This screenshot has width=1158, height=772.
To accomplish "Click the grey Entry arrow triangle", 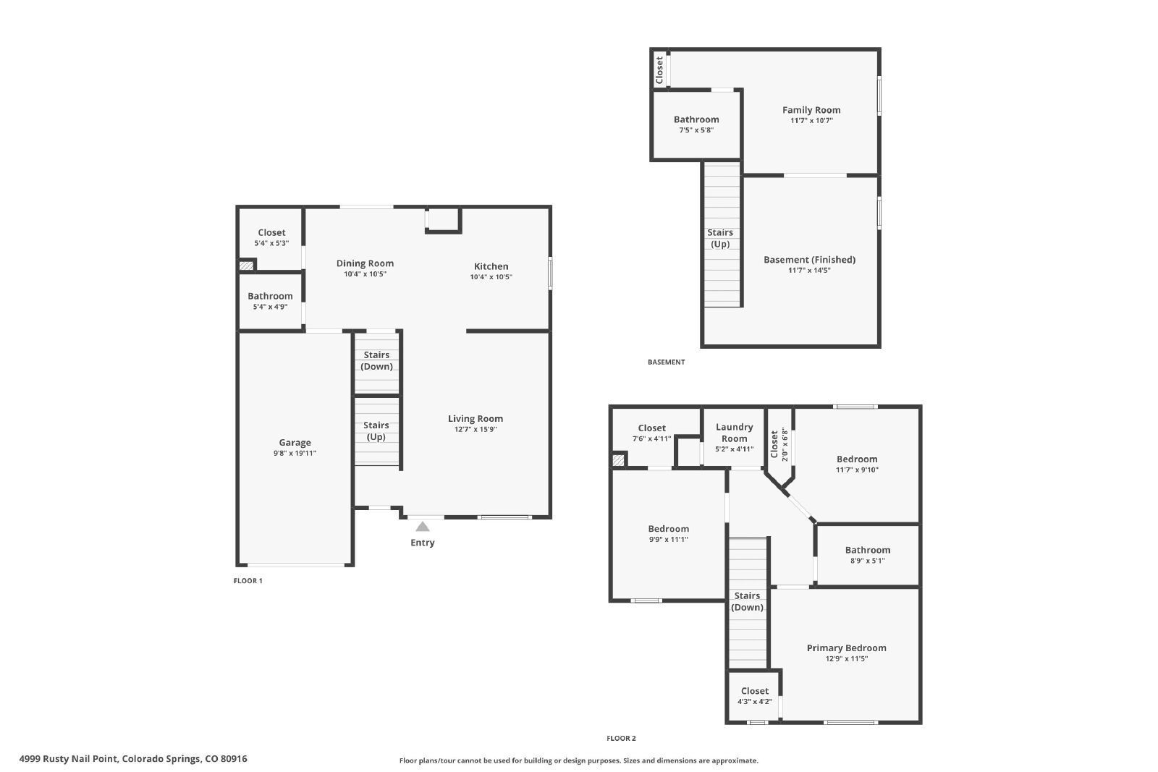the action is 423,526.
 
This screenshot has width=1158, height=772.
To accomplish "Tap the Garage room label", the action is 295,442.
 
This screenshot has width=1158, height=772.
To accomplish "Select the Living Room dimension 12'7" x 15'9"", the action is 476,429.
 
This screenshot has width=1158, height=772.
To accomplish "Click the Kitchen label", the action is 491,266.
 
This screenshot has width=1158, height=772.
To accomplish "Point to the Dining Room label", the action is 365,263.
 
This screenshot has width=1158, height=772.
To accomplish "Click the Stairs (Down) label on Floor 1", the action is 376,361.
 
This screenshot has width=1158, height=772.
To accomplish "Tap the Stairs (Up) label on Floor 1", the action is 376,431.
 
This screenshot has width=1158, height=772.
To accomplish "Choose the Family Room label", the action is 811,110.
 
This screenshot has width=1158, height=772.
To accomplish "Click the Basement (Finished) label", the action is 810,260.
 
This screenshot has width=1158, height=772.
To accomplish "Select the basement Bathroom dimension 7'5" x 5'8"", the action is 696,130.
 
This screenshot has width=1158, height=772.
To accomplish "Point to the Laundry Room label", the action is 734,433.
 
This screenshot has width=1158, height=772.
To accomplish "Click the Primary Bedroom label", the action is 846,648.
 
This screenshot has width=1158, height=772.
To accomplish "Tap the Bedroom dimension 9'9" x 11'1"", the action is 669,540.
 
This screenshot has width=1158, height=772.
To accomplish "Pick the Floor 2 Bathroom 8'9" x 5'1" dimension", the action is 868,561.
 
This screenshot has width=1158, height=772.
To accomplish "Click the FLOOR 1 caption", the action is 248,581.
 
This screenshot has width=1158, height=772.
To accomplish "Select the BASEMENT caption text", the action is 666,362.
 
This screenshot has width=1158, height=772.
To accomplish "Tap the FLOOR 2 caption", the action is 621,739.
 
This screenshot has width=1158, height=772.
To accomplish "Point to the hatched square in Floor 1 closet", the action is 246,266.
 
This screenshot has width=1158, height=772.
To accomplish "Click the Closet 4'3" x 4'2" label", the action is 754,695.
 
